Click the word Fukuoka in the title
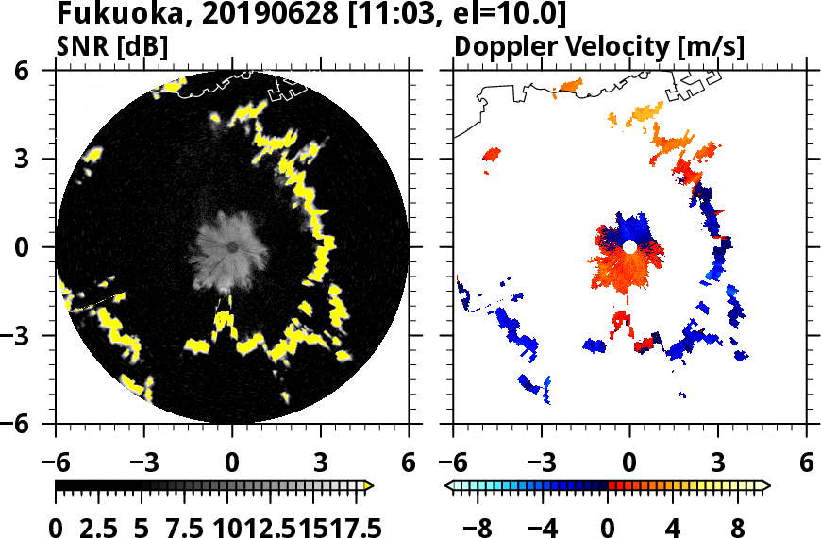tap(104, 14)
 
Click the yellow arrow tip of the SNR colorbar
tap(369, 486)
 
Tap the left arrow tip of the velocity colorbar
tap(450, 486)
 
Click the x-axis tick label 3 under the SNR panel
tap(320, 463)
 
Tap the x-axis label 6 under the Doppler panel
tap(806, 463)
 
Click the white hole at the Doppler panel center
tap(629, 246)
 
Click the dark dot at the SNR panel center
tap(232, 247)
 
